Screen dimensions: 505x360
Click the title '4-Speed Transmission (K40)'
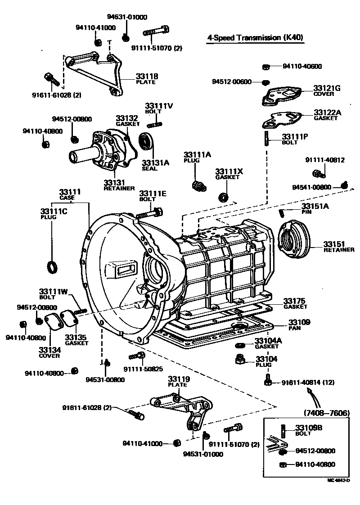pos(255,38)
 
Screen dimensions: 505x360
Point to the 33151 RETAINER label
pos(338,247)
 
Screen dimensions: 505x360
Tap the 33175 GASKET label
pos(295,303)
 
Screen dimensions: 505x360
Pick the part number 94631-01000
pos(127,17)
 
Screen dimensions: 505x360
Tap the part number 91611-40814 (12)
pos(308,383)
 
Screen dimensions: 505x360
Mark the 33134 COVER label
pos(49,352)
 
